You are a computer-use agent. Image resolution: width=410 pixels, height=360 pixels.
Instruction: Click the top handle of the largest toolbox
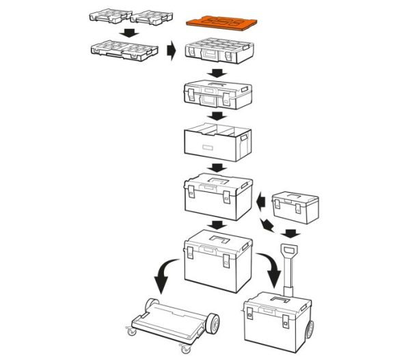point(220,239)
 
